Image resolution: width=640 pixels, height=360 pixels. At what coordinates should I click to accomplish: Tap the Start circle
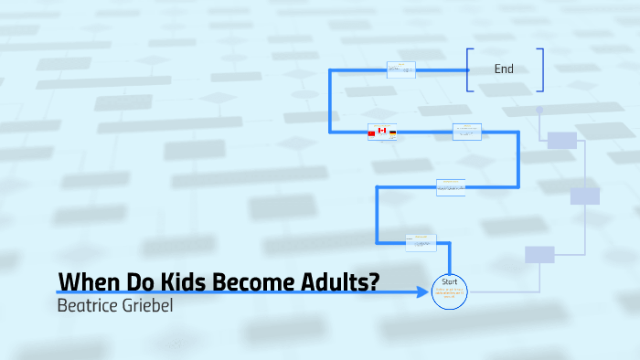449,291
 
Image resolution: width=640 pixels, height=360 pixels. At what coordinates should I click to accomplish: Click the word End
504,69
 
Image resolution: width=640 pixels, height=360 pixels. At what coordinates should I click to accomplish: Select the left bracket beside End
469,69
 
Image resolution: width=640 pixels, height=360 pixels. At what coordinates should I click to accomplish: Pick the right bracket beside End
541,69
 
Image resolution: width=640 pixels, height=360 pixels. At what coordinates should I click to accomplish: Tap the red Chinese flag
371,133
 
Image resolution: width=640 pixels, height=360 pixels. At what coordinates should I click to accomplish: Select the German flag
392,133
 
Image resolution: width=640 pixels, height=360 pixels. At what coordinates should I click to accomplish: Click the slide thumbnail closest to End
400,69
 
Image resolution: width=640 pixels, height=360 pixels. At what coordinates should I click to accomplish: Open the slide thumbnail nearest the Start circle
421,243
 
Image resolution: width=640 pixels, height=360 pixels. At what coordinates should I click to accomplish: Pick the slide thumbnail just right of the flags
466,132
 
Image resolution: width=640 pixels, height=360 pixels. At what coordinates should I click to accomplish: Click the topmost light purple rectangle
562,140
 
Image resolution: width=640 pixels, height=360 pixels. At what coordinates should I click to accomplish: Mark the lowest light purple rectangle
539,254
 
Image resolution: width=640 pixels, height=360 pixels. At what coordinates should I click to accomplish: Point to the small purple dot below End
539,110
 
